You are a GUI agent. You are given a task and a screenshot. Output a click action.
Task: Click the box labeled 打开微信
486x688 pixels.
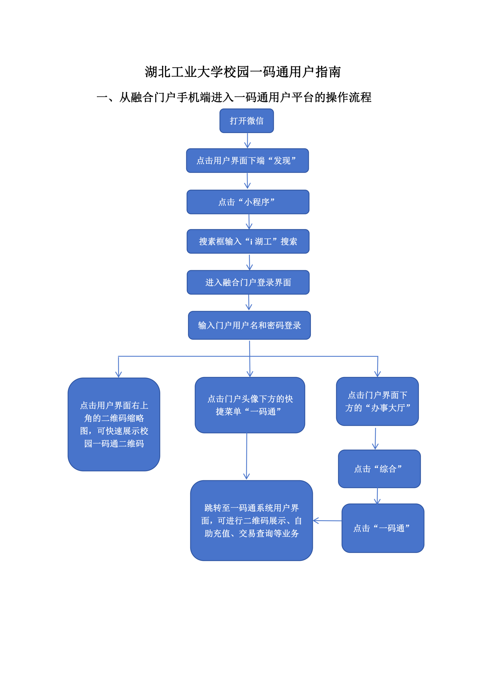click(x=247, y=121)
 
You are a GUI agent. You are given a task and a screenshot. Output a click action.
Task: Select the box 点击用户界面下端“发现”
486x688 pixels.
click(x=248, y=161)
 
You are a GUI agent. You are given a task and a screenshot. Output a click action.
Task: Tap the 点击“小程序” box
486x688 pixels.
click(x=248, y=202)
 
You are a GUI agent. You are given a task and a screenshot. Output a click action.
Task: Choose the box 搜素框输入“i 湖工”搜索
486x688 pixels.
click(x=248, y=242)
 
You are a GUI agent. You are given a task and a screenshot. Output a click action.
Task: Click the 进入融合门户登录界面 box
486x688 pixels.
click(x=248, y=282)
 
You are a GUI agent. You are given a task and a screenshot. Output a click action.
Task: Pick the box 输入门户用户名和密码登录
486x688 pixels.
click(x=249, y=325)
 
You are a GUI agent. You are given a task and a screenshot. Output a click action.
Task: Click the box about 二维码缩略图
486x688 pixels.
click(x=114, y=424)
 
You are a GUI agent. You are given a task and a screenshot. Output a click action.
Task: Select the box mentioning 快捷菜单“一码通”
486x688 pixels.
click(x=250, y=405)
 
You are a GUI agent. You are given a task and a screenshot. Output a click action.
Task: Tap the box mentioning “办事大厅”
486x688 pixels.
click(x=377, y=401)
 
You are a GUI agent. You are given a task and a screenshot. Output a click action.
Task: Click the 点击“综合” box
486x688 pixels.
click(x=379, y=469)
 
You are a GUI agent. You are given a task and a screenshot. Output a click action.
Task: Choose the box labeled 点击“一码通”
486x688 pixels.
click(x=383, y=528)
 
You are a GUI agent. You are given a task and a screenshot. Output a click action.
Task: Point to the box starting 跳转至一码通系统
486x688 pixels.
click(x=251, y=521)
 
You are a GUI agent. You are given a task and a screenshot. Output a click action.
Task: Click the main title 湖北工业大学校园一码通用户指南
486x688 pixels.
click(x=243, y=72)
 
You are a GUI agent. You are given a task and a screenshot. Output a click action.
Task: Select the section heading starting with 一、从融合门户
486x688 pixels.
click(x=234, y=97)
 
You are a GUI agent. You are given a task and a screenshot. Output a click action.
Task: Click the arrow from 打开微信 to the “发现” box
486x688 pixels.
click(x=248, y=141)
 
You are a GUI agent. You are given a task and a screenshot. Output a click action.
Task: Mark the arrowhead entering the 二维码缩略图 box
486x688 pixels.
click(x=118, y=374)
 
